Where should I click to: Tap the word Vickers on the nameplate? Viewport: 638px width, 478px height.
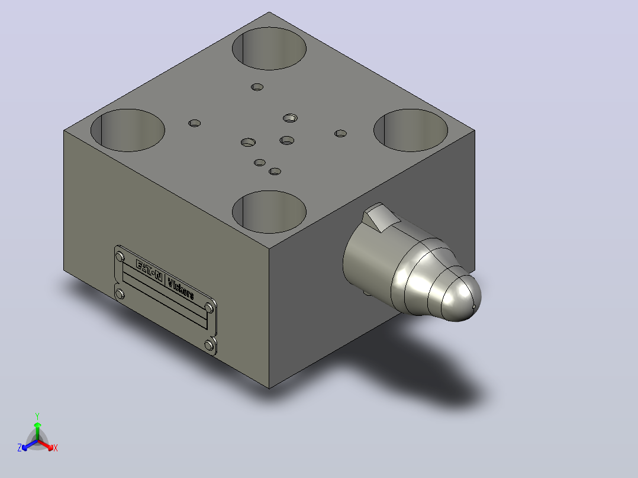point(181,289)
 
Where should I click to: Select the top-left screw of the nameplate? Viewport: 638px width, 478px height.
point(120,257)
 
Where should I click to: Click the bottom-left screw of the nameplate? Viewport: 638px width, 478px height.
point(120,293)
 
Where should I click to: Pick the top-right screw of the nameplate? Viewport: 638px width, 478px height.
point(209,308)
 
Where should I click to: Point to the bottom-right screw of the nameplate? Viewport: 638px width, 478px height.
point(209,345)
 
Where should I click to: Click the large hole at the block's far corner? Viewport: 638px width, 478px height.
point(269,49)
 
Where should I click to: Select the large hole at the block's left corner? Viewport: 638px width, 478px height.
point(128,130)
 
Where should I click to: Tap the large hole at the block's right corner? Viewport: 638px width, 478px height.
point(411,130)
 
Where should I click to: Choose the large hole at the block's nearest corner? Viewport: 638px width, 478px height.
point(269,212)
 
